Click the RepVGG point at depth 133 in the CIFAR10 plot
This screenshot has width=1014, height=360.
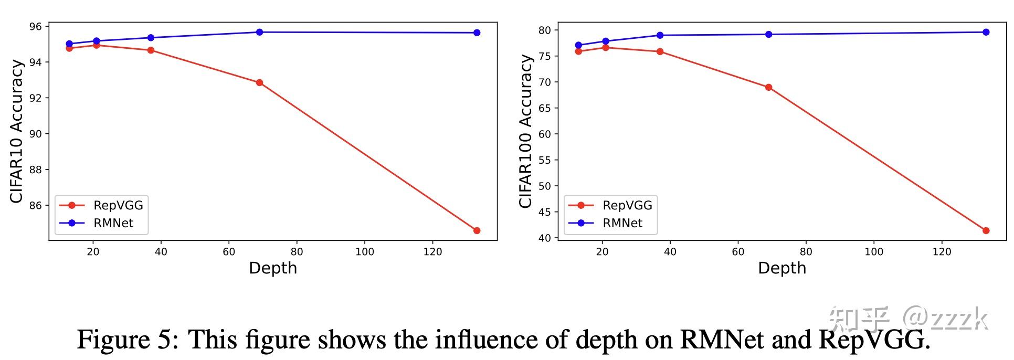pos(477,230)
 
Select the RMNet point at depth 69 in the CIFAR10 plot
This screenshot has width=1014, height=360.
pos(259,32)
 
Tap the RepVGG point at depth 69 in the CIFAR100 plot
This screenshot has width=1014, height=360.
pos(768,87)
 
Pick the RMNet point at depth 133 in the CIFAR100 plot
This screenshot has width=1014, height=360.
pos(986,32)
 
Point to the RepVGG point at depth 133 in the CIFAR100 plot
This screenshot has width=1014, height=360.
pos(986,230)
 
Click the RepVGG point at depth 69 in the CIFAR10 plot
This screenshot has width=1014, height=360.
pos(259,82)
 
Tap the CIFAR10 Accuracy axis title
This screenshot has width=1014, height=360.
pos(17,131)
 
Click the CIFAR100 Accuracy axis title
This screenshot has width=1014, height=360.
pos(525,131)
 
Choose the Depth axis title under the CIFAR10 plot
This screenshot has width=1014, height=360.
pos(273,268)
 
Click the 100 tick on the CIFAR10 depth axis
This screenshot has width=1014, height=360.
pos(365,252)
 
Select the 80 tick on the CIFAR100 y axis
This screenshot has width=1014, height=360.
pos(545,30)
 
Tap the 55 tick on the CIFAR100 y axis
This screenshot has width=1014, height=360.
pos(545,160)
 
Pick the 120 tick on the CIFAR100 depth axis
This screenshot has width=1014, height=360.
pos(942,252)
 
